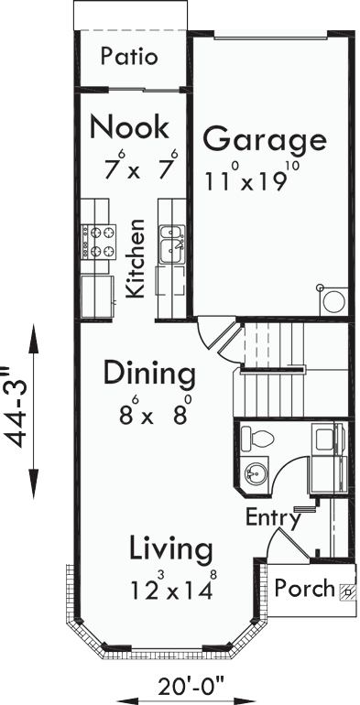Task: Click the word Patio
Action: (x=129, y=57)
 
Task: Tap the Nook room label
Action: (x=129, y=125)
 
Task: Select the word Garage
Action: (x=264, y=141)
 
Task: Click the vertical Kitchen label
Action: (x=136, y=258)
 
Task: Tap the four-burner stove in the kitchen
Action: (x=99, y=240)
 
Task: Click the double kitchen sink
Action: (x=172, y=244)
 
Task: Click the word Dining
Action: (x=148, y=374)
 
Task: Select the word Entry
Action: (x=273, y=518)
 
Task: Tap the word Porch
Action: (x=305, y=588)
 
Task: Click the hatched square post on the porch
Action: (x=346, y=591)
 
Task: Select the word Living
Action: (x=170, y=549)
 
